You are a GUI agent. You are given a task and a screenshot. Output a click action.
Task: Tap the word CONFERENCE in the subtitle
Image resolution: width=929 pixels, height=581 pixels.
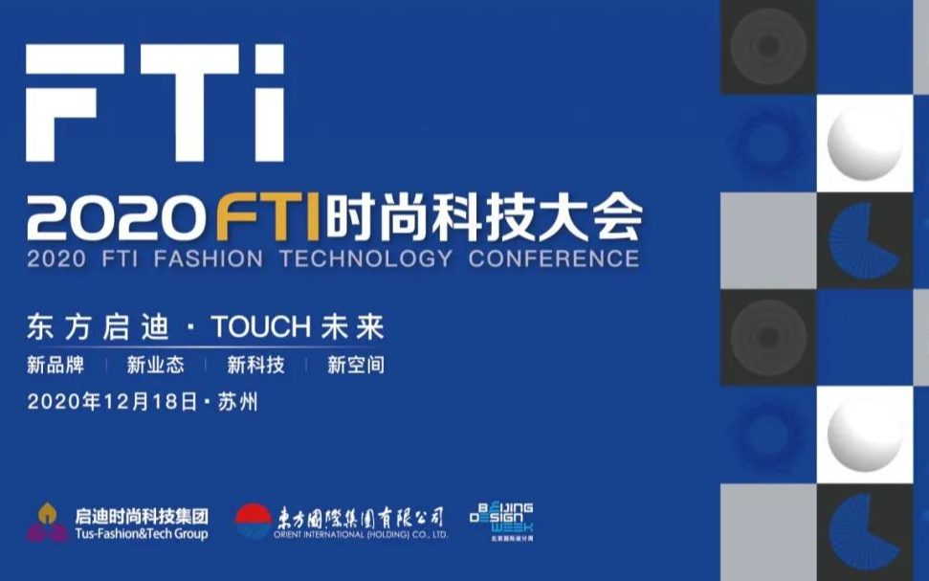[554, 258]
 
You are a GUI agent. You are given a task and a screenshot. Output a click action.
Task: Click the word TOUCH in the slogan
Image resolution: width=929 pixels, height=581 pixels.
[260, 327]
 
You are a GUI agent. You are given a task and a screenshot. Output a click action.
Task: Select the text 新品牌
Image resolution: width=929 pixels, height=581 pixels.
[55, 365]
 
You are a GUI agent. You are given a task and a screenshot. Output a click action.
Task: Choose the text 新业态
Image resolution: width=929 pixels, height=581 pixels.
[156, 365]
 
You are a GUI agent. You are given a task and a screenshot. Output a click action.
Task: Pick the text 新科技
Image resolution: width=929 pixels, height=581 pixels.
[255, 365]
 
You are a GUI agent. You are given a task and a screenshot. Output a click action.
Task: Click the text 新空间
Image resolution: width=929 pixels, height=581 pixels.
[356, 365]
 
